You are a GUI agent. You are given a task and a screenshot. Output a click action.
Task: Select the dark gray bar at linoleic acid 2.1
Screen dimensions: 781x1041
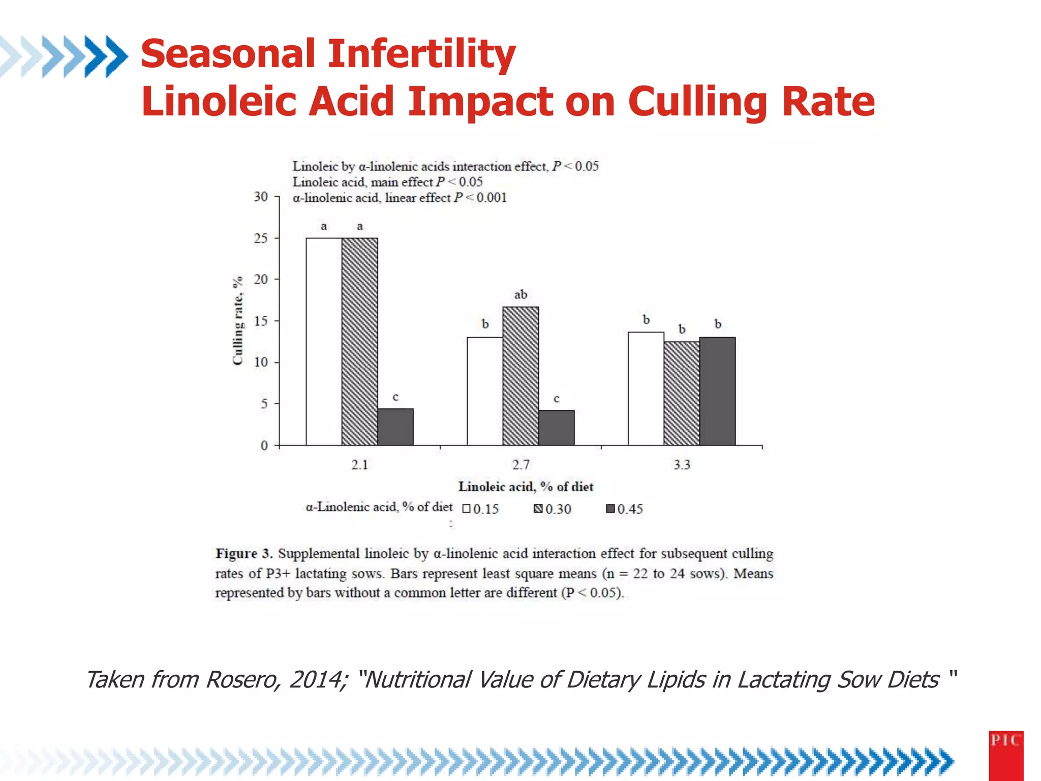click(x=395, y=427)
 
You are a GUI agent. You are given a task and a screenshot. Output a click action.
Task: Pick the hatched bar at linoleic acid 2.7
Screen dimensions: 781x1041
click(x=520, y=376)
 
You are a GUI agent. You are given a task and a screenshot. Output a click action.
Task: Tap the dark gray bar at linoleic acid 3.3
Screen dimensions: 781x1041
click(x=717, y=392)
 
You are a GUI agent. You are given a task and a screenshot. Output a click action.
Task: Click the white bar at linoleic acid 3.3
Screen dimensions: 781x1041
click(x=646, y=389)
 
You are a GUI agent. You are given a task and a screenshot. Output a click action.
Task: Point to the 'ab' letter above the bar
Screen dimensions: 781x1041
click(x=520, y=294)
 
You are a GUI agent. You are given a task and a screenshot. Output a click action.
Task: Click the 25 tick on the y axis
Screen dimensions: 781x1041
click(x=261, y=238)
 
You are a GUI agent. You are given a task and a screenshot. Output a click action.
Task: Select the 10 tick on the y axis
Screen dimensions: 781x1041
click(x=261, y=363)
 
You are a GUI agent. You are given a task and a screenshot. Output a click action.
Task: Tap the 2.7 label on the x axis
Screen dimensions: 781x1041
click(x=520, y=465)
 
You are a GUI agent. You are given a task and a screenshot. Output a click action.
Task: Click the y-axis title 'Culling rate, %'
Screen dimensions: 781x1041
click(x=237, y=321)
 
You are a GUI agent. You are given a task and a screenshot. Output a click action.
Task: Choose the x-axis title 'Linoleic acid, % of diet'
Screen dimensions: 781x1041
click(x=526, y=487)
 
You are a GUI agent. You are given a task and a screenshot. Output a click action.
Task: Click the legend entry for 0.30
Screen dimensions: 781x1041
click(x=553, y=509)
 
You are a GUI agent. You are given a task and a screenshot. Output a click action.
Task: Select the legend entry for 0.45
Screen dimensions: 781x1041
click(x=625, y=509)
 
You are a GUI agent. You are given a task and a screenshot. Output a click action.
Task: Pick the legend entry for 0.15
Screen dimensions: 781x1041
click(x=481, y=509)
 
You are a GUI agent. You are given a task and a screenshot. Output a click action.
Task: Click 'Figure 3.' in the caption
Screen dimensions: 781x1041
click(x=244, y=553)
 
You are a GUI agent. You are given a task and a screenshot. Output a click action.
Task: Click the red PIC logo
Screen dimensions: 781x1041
click(x=1005, y=755)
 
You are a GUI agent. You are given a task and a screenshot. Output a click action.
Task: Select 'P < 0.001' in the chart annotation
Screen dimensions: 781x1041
click(x=480, y=198)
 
